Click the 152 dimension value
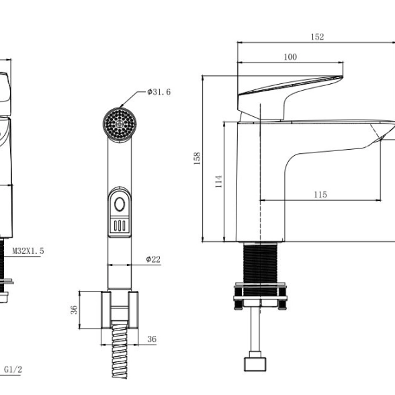(x=317, y=37)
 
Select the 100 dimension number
(x=290, y=57)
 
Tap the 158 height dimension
(x=197, y=159)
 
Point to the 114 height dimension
(x=219, y=181)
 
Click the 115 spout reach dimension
(x=320, y=195)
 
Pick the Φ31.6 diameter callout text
(x=159, y=92)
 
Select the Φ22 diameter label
(x=153, y=259)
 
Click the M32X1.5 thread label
(x=28, y=251)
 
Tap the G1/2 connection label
(x=13, y=369)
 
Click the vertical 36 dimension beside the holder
(x=74, y=310)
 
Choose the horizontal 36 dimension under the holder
(x=152, y=339)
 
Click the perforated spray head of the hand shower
(x=120, y=124)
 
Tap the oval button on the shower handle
(x=120, y=204)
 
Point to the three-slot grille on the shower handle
(x=120, y=226)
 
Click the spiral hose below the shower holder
(x=120, y=349)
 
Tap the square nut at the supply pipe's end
(x=255, y=364)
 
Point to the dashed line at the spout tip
(x=378, y=133)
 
